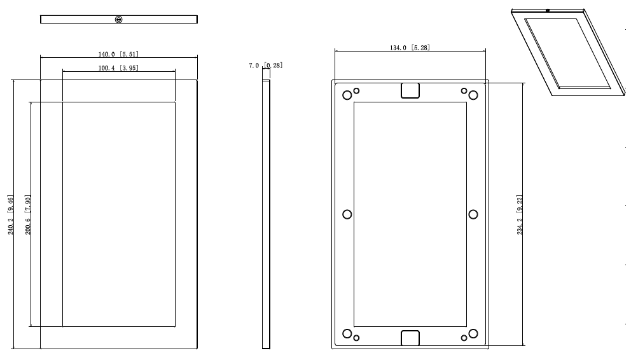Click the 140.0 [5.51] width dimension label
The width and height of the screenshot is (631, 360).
tap(118, 55)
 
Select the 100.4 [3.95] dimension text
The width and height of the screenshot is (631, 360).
tap(118, 68)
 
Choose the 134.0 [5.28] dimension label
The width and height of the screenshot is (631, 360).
tap(410, 48)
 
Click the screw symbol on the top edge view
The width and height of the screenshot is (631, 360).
tap(118, 20)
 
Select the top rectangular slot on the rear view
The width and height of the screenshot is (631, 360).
tap(410, 90)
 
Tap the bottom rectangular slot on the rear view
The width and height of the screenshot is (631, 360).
tap(410, 338)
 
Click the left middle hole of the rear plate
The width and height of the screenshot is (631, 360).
tap(347, 214)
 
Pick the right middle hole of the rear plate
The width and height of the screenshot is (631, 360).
tap(473, 214)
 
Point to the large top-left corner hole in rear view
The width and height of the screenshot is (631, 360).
tap(347, 95)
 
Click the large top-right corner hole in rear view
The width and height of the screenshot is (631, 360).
tap(473, 95)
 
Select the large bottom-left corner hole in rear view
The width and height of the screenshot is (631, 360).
tap(347, 334)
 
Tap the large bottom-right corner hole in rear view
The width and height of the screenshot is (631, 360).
tap(473, 334)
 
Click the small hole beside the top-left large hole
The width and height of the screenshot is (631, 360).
tap(356, 90)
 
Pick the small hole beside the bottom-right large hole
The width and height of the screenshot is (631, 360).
tap(464, 338)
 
